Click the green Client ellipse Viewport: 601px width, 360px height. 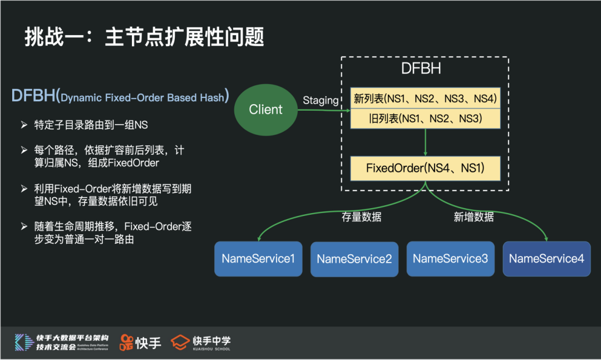pos(265,110)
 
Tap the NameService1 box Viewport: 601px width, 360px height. pos(258,259)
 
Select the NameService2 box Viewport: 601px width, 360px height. pos(354,259)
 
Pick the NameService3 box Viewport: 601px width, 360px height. pos(450,259)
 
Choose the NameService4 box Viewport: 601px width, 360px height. pos(546,259)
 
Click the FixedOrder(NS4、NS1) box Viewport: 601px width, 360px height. pos(426,168)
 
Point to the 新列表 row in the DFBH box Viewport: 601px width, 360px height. pos(426,99)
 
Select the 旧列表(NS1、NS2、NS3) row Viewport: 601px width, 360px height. pos(426,119)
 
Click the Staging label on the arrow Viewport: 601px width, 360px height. pos(321,100)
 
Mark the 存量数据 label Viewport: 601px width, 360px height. pos(362,217)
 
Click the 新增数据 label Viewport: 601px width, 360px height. pos(474,217)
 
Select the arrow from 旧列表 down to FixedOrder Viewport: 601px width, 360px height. pos(426,142)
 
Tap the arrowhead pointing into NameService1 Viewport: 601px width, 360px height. pos(258,238)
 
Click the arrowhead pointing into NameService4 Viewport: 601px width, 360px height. pos(546,238)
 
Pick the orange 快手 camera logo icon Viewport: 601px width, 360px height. pos(126,342)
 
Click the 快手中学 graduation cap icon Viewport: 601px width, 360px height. pos(180,342)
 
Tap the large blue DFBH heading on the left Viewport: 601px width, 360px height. pos(33,96)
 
